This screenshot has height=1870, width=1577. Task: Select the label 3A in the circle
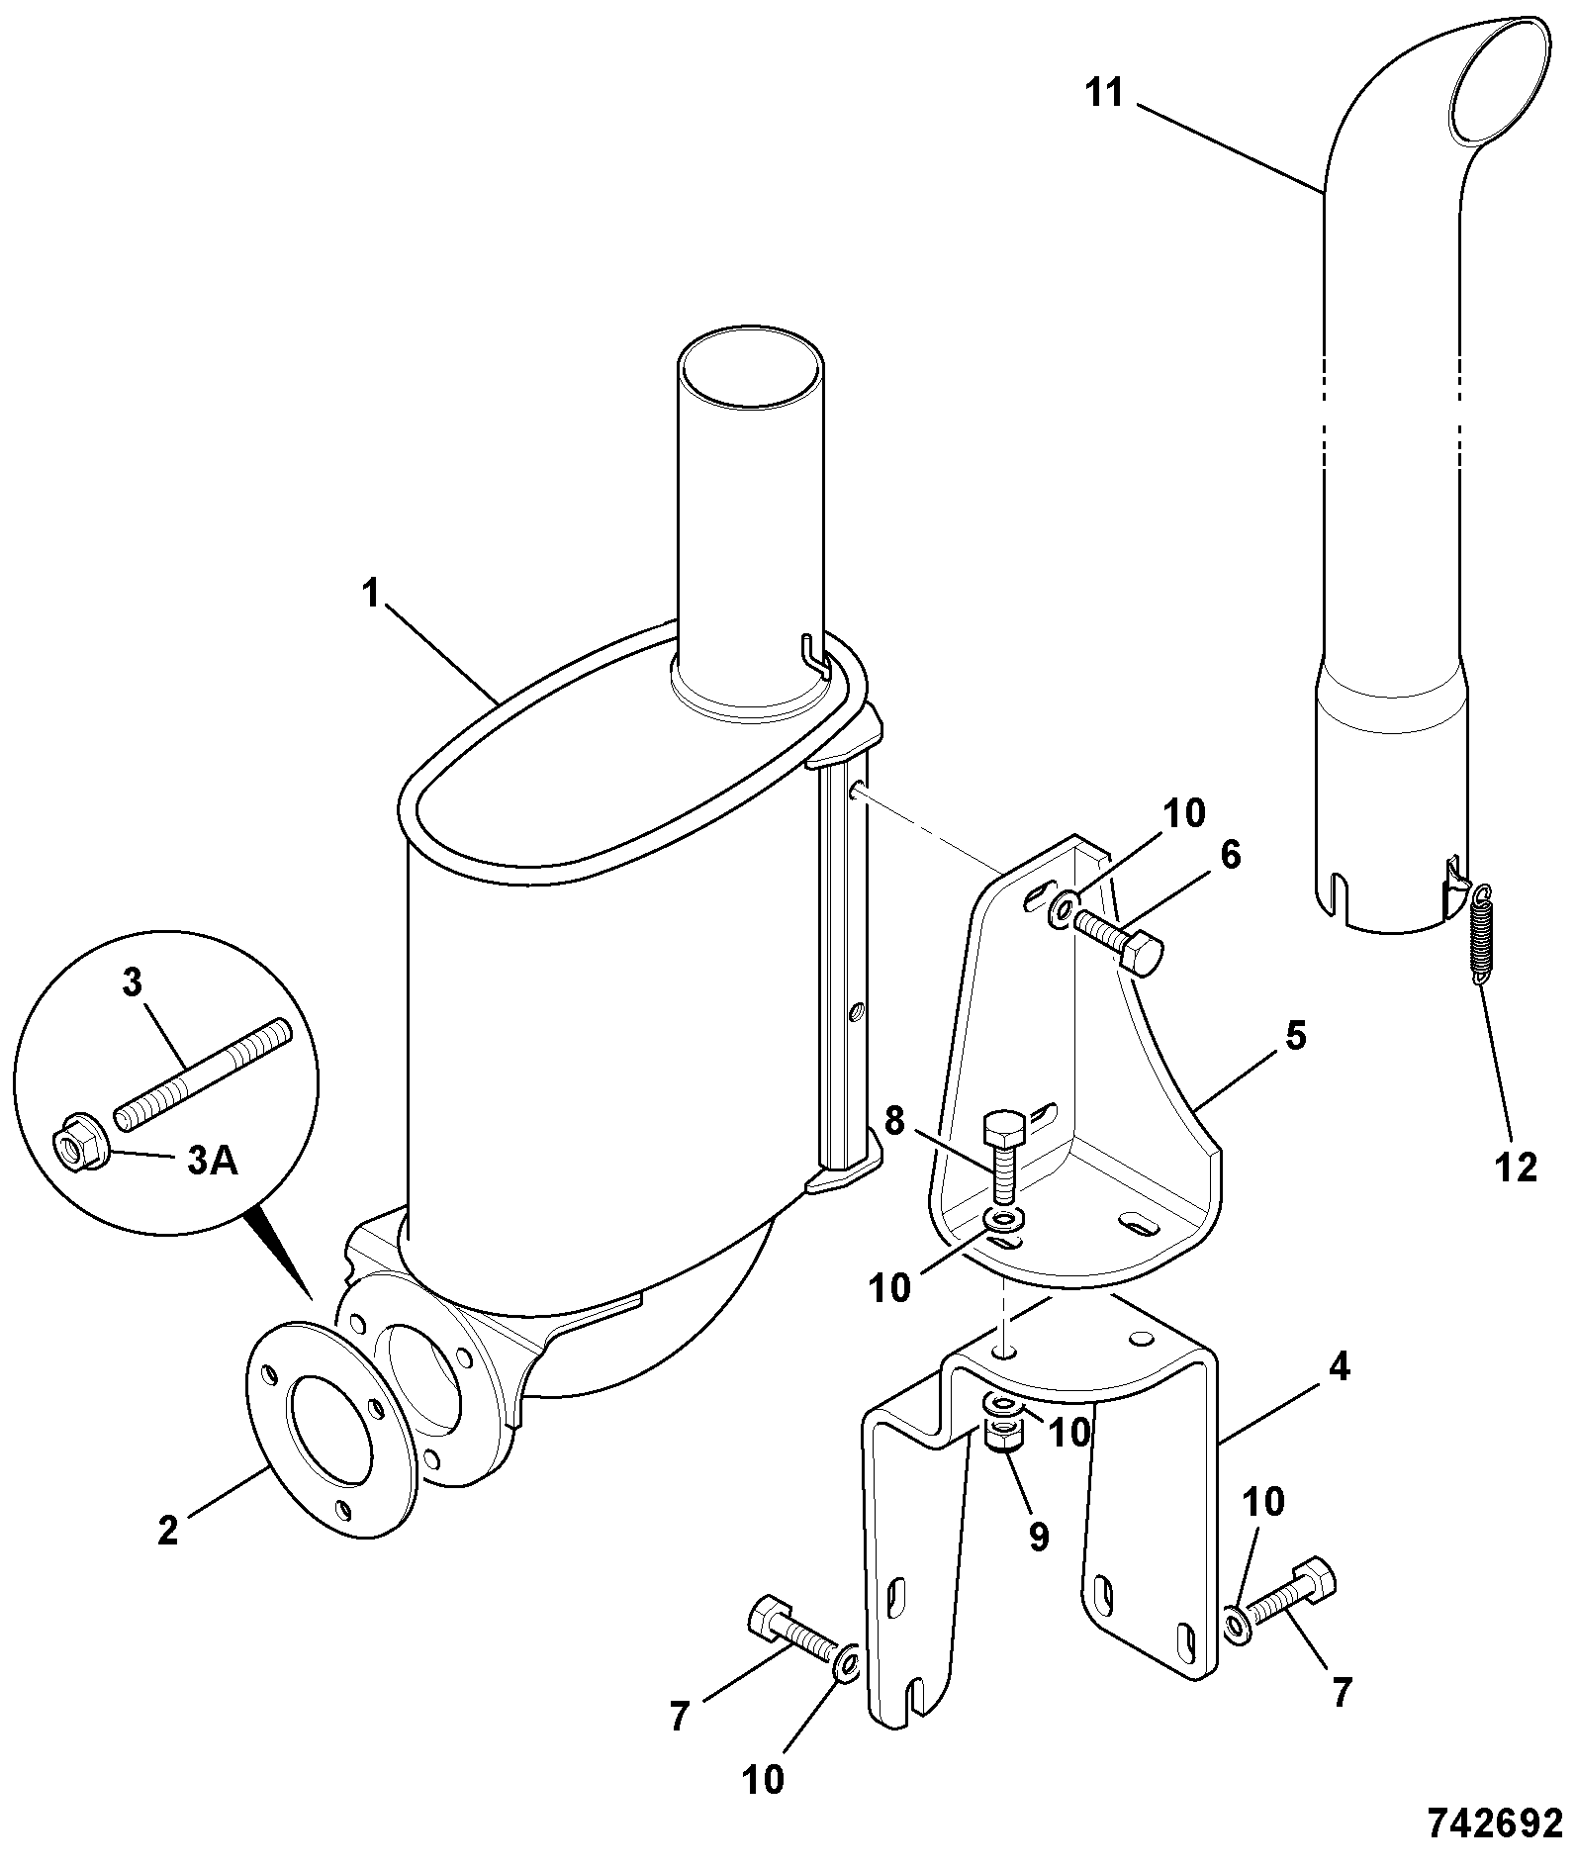[x=213, y=1161]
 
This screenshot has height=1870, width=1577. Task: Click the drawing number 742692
[x=1494, y=1823]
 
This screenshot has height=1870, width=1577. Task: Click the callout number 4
[x=1338, y=1368]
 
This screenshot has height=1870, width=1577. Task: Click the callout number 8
[x=894, y=1122]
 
